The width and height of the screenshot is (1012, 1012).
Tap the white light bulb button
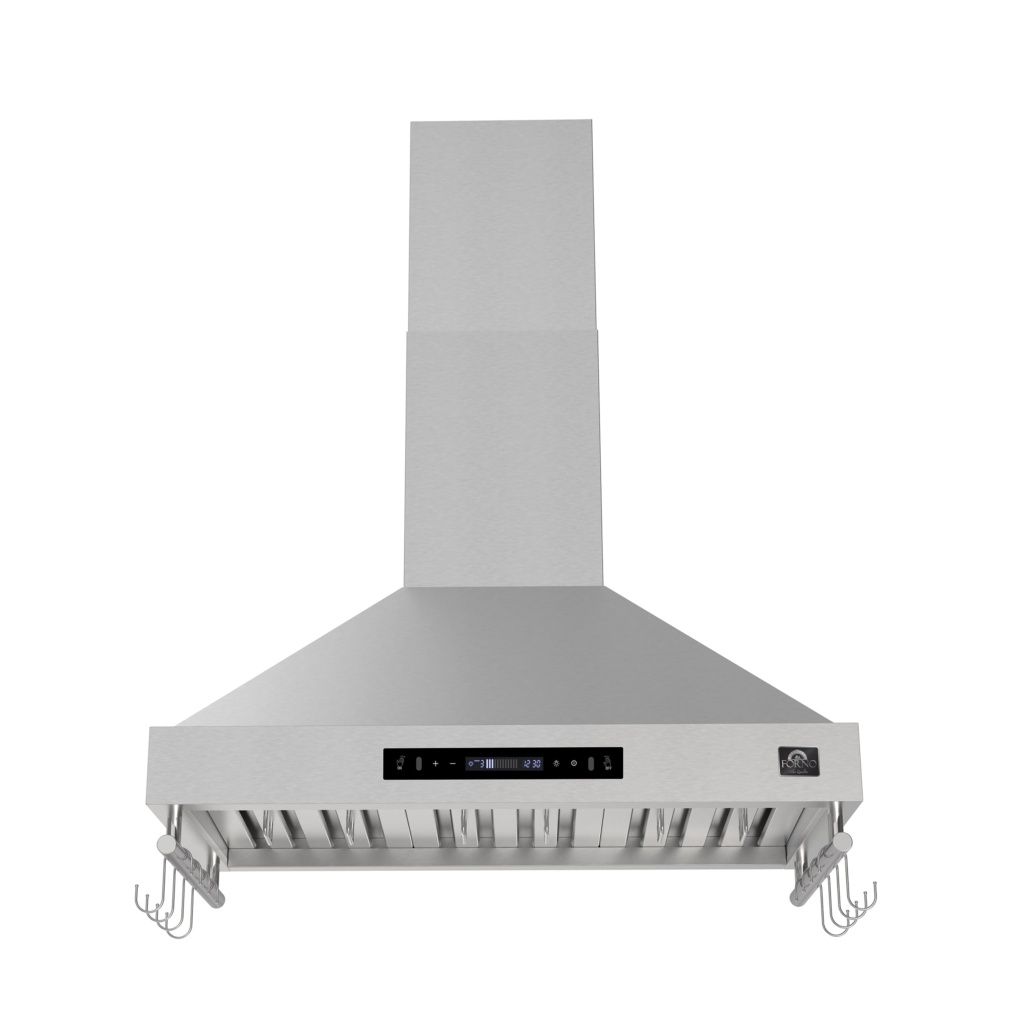556,778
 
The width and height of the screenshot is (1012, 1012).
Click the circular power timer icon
574,778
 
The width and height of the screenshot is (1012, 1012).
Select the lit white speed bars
490,778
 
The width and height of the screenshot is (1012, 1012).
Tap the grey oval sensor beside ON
419,778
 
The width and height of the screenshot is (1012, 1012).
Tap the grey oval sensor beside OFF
590,778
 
